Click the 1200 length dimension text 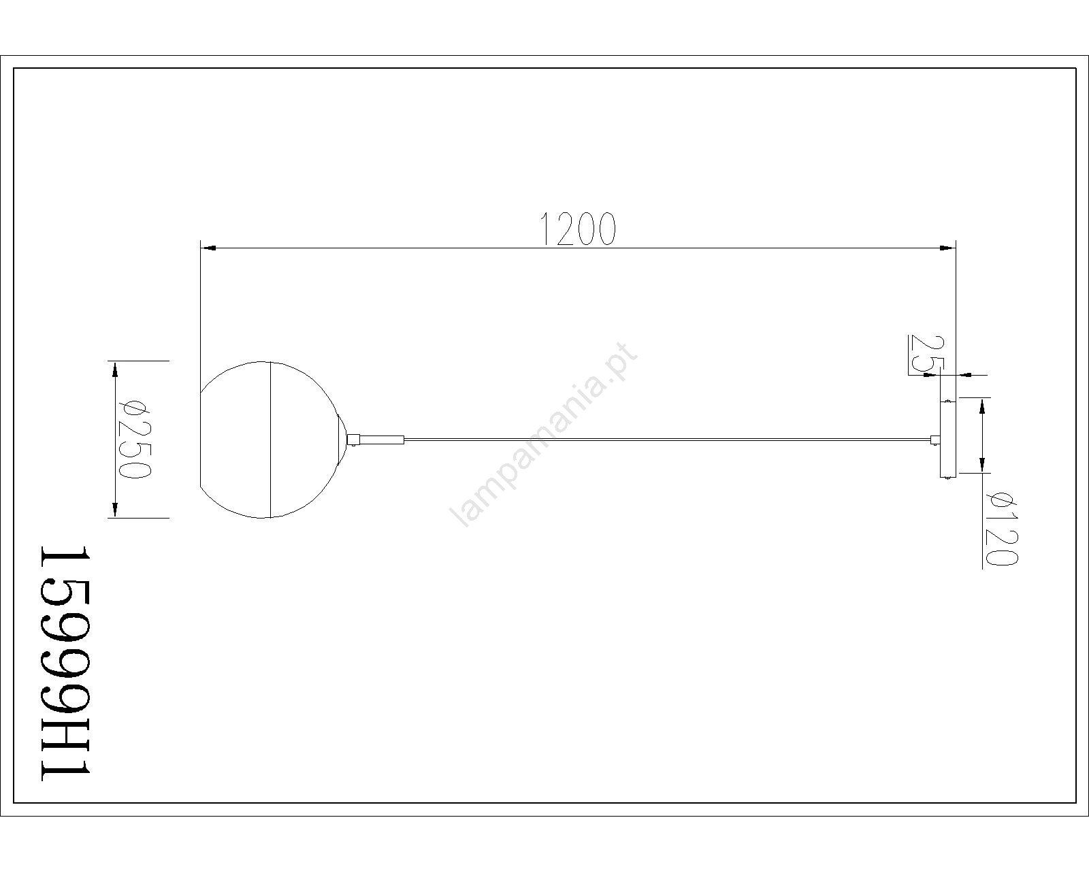(578, 229)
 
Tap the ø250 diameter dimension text (134, 439)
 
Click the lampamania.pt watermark (543, 435)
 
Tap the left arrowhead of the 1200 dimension (208, 248)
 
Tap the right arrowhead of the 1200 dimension (945, 248)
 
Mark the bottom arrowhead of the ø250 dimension (115, 510)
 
